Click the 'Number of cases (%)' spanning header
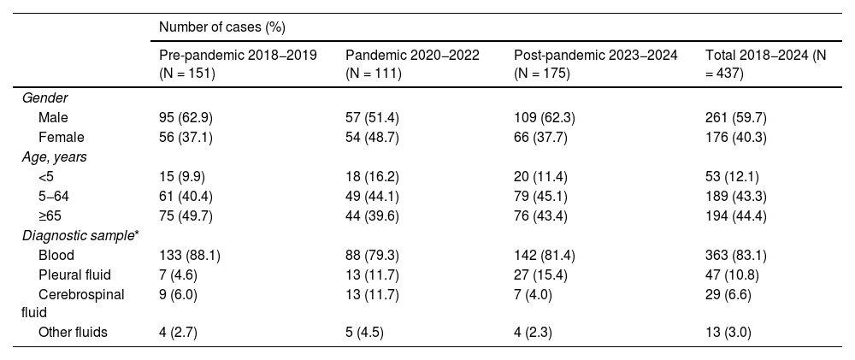pyautogui.click(x=222, y=27)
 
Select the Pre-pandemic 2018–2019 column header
pyautogui.click(x=238, y=64)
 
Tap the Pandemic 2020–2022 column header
pyautogui.click(x=412, y=64)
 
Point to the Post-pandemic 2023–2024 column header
pyautogui.click(x=596, y=64)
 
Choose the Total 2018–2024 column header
pyautogui.click(x=765, y=64)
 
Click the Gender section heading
pyautogui.click(x=44, y=98)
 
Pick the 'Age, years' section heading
pyautogui.click(x=54, y=157)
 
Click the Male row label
pyautogui.click(x=53, y=118)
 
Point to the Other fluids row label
pyautogui.click(x=73, y=332)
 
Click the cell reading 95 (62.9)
pyautogui.click(x=186, y=118)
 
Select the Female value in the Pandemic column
pyautogui.click(x=372, y=138)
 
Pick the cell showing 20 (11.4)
pyautogui.click(x=540, y=177)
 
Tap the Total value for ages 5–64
pyautogui.click(x=736, y=197)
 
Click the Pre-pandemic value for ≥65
pyautogui.click(x=186, y=216)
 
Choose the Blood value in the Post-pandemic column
pyautogui.click(x=544, y=256)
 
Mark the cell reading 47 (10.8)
pyautogui.click(x=733, y=274)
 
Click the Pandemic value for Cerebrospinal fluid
pyautogui.click(x=372, y=294)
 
